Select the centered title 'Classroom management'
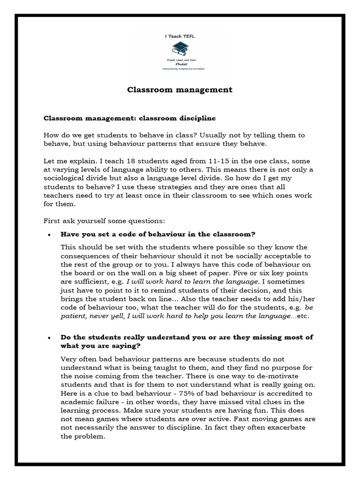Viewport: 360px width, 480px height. click(x=180, y=90)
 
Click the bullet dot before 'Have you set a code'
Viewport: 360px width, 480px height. click(x=50, y=234)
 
